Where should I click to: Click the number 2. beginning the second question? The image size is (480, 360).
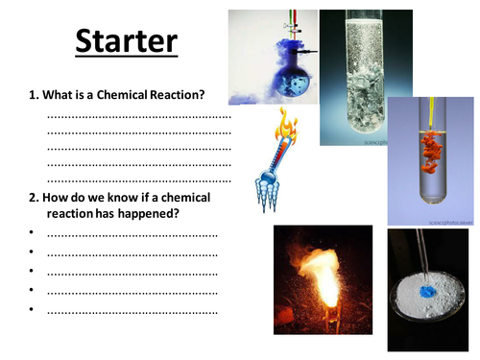point(35,197)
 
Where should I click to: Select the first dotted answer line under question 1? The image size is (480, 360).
point(139,116)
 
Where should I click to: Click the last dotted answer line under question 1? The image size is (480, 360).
point(139,180)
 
